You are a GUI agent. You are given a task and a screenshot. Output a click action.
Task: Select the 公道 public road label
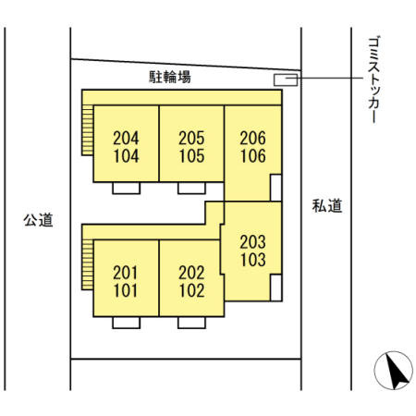point(39,220)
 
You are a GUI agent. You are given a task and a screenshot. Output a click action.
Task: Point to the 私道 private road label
point(326,206)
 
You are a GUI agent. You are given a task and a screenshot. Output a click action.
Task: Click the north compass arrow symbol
point(392,373)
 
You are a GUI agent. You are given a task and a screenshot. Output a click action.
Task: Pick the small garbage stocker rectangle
point(286,80)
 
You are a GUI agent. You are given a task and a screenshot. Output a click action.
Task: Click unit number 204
point(126,138)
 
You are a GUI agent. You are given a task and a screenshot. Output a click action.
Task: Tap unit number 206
point(252,138)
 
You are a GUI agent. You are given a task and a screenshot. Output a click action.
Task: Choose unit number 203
point(252,241)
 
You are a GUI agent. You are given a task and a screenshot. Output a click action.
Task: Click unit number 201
point(126,273)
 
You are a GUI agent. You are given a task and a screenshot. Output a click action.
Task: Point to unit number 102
point(191,290)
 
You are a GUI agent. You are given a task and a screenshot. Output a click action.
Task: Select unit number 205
point(191,138)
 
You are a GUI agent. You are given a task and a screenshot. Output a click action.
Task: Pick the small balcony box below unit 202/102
point(191,323)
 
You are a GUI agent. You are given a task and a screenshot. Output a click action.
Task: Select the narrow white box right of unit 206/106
point(275,187)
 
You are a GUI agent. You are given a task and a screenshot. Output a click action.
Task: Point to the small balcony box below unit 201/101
point(126,323)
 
